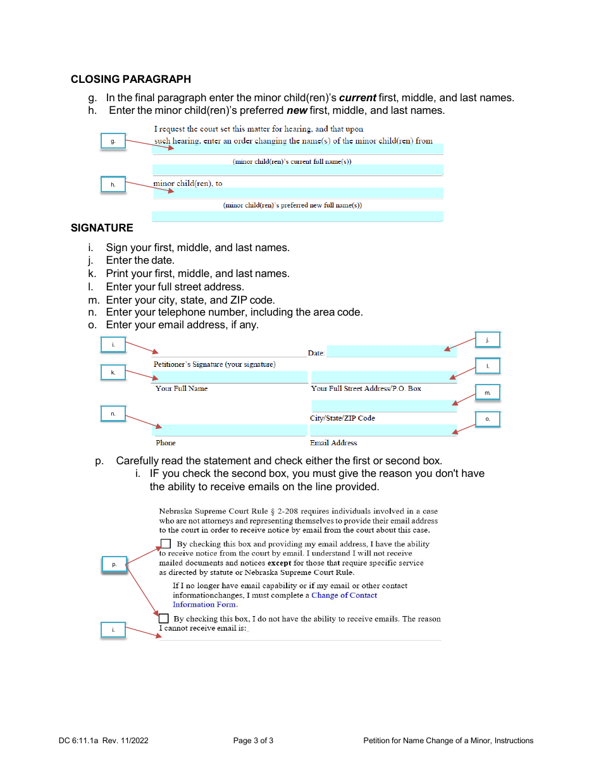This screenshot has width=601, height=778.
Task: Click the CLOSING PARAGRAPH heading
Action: (x=130, y=79)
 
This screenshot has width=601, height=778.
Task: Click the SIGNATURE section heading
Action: (x=102, y=228)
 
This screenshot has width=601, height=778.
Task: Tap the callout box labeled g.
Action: (x=113, y=141)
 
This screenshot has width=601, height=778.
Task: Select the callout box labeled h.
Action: (x=113, y=184)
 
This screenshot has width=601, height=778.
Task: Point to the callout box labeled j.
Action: (x=487, y=340)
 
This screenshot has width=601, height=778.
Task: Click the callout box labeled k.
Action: (x=113, y=373)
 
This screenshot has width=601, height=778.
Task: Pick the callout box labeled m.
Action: (x=487, y=393)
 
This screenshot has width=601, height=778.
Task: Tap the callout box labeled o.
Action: (x=487, y=419)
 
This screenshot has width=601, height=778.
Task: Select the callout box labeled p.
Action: (x=114, y=564)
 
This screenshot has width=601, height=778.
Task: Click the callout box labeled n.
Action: (x=113, y=414)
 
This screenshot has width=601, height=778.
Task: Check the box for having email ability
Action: (x=166, y=543)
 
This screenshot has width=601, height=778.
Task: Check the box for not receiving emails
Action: (x=164, y=618)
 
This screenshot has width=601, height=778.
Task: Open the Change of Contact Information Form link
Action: (x=344, y=595)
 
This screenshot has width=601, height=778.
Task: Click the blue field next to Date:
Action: (x=391, y=352)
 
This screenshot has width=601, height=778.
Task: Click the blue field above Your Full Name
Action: (x=230, y=377)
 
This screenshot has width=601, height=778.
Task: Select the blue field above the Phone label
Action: (x=230, y=430)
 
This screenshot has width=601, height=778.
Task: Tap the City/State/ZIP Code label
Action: (x=342, y=418)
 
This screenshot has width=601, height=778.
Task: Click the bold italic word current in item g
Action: (x=358, y=97)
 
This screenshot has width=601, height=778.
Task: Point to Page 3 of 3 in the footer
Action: (x=253, y=741)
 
